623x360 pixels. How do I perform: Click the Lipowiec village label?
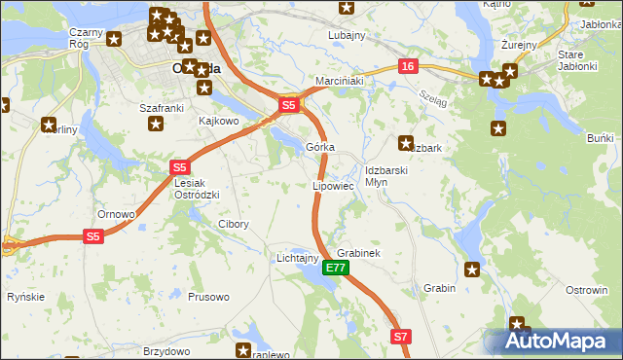tap(332, 185)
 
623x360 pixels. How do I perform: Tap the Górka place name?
tap(320, 147)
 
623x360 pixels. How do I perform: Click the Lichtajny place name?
tap(298, 258)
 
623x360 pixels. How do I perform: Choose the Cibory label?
tap(233, 224)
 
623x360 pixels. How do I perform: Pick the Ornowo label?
tap(115, 213)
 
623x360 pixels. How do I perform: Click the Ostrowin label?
tap(587, 290)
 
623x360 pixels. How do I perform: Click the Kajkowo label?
tap(218, 122)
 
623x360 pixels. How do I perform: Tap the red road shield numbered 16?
tap(407, 66)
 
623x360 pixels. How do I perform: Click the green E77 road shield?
tap(335, 268)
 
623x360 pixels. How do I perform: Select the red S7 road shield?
tap(402, 337)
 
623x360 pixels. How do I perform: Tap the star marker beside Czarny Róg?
tap(115, 40)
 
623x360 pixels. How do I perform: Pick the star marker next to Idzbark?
tap(406, 141)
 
